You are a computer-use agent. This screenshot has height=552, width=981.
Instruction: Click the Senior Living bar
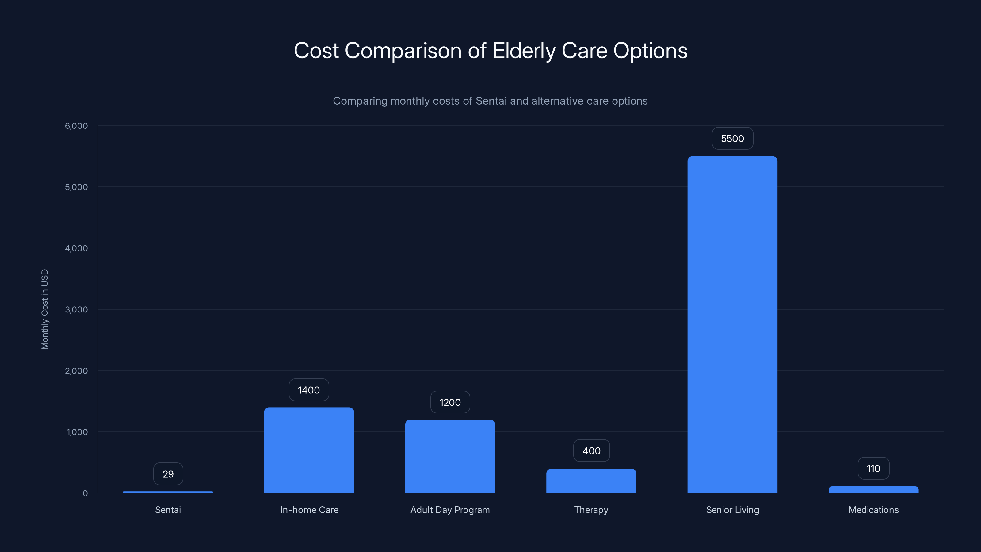[x=732, y=324]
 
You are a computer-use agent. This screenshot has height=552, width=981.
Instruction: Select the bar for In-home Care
[x=309, y=450]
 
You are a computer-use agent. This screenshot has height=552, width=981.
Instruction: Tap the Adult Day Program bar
[x=450, y=456]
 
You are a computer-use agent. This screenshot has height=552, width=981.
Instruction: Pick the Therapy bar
[x=591, y=481]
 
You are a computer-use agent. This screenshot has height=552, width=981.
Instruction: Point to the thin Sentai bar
[x=168, y=492]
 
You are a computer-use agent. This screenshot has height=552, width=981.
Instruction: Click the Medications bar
[x=873, y=489]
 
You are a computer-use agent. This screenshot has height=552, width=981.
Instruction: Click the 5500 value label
[x=732, y=139]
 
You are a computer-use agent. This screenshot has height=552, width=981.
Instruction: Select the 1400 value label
[x=309, y=390]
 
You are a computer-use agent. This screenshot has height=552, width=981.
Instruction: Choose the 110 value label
[x=873, y=469]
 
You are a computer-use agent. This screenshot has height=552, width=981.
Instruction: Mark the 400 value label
[x=591, y=451]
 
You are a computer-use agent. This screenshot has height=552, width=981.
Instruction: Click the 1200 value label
[x=450, y=402]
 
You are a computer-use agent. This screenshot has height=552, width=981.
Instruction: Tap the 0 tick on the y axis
[x=85, y=493]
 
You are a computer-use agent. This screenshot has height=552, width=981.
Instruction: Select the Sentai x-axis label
[x=168, y=510]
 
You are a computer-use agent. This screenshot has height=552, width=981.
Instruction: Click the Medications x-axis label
[x=873, y=510]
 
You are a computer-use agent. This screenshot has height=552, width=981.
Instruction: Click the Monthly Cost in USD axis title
[x=44, y=309]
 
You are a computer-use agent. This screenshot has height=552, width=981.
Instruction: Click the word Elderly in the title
[x=524, y=51]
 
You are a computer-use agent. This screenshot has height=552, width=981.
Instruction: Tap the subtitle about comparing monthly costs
[x=490, y=101]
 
